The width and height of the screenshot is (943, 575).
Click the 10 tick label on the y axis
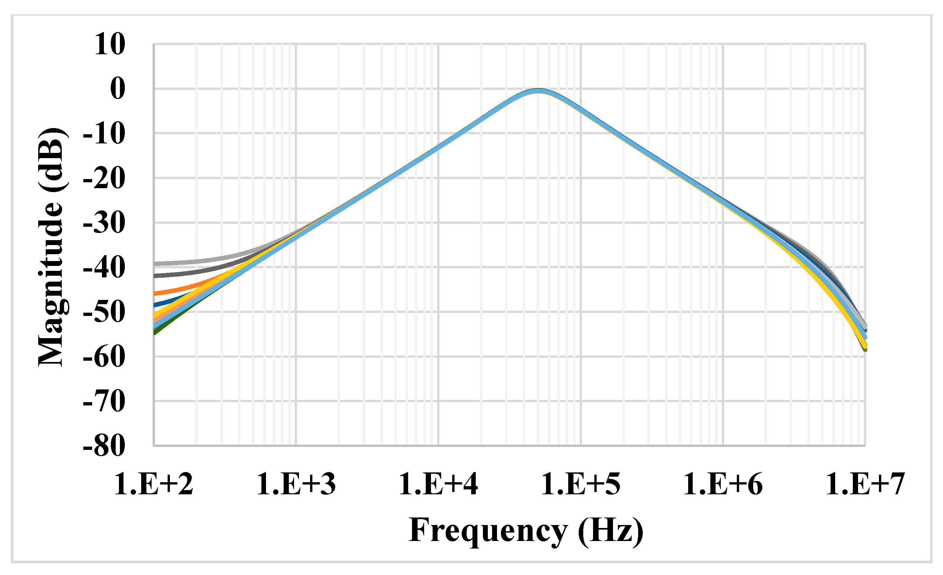[109, 44]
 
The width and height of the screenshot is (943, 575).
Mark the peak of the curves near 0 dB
[538, 91]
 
